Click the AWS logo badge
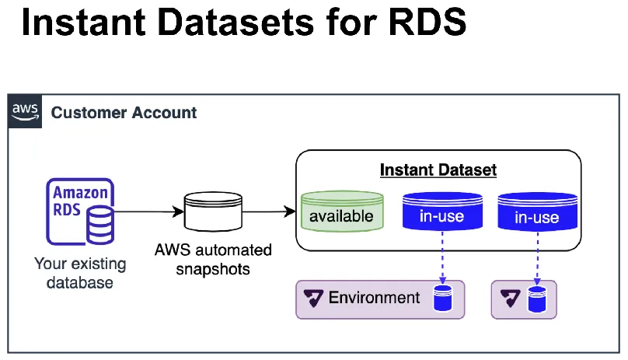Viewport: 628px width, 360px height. pyautogui.click(x=26, y=112)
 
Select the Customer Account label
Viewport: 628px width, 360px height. pyautogui.click(x=124, y=113)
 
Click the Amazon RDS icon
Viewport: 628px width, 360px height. pyautogui.click(x=81, y=212)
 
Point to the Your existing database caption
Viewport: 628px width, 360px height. pyautogui.click(x=79, y=273)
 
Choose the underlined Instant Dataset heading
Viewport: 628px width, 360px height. pyautogui.click(x=438, y=170)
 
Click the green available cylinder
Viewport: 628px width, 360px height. pyautogui.click(x=341, y=211)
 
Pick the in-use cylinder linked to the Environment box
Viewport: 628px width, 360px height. pyautogui.click(x=441, y=211)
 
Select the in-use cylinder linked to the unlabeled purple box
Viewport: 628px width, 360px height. pyautogui.click(x=536, y=211)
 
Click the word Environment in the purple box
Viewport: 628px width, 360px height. pyautogui.click(x=374, y=298)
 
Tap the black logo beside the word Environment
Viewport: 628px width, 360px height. pyautogui.click(x=314, y=299)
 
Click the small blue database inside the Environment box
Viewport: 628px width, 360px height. pyautogui.click(x=442, y=299)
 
